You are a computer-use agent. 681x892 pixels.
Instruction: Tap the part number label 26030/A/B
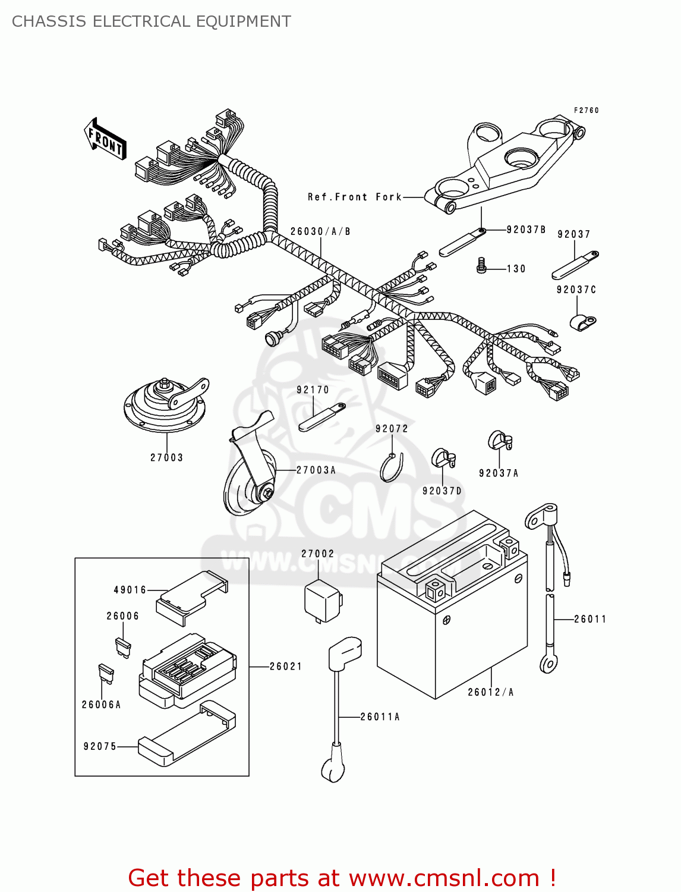(320, 231)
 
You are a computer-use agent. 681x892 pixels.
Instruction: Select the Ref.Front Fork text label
(355, 197)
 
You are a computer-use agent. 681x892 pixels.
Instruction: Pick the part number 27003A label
(316, 470)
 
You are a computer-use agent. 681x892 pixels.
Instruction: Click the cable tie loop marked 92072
(390, 467)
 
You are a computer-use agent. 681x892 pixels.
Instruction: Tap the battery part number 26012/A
(490, 692)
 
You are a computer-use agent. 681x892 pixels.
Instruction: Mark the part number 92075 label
(100, 746)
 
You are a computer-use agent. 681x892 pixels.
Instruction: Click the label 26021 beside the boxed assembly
(286, 667)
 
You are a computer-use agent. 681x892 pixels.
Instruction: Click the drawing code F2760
(586, 110)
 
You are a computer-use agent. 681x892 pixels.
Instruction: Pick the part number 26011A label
(380, 717)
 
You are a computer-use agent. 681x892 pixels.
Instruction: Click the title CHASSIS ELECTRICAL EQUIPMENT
(152, 21)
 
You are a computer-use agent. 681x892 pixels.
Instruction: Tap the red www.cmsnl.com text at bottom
(443, 878)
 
